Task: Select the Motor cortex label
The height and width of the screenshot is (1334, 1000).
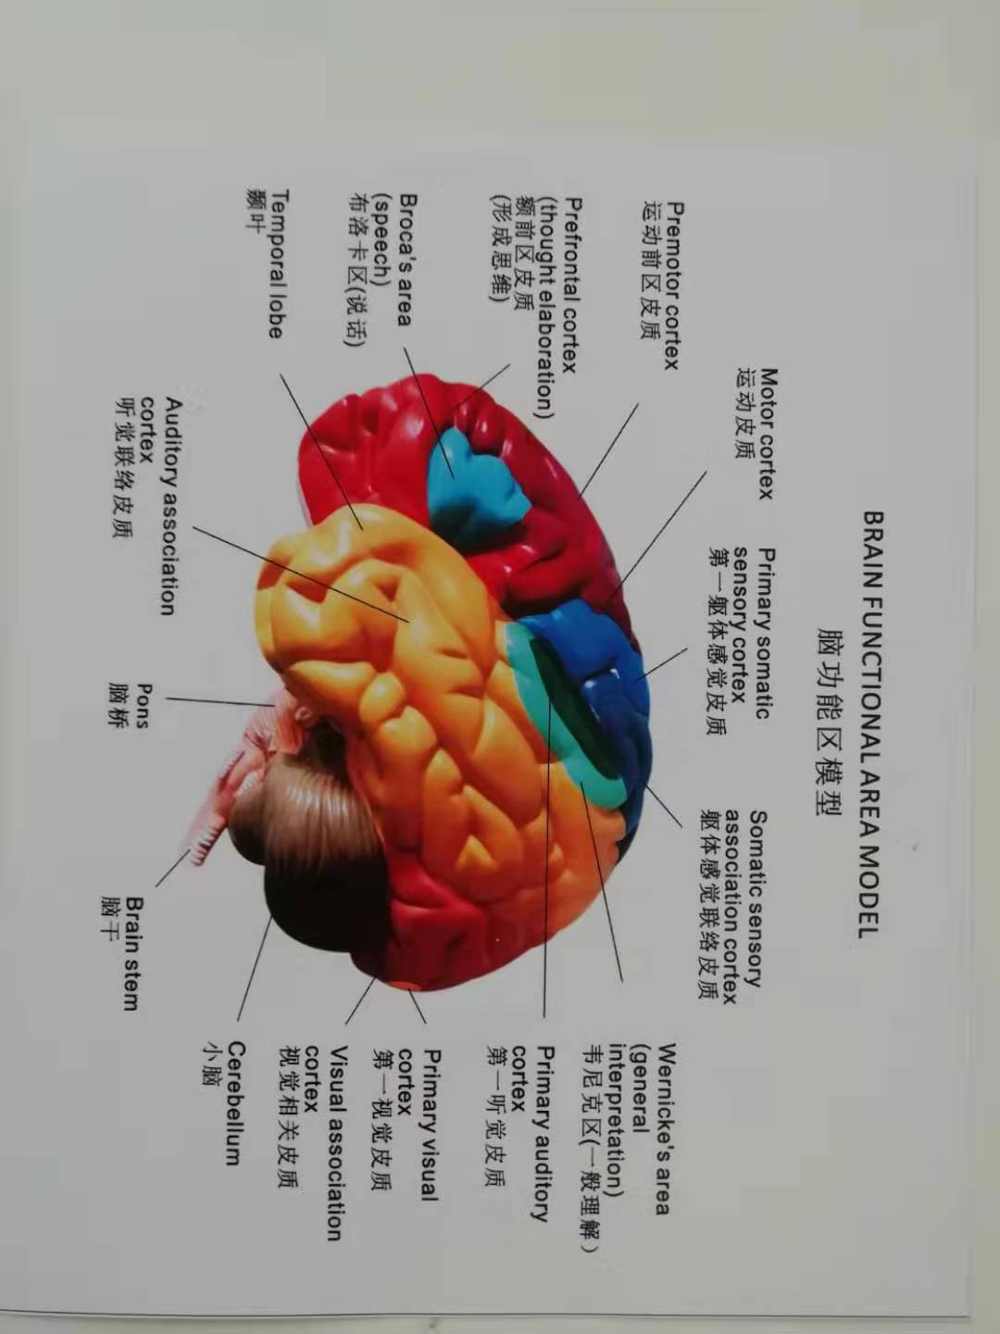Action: point(766,434)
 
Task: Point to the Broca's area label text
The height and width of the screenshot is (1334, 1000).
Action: point(405,260)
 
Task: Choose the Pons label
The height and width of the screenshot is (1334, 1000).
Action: point(145,706)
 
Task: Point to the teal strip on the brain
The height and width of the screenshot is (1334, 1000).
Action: point(553,717)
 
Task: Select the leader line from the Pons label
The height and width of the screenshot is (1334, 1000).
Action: point(219,701)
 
